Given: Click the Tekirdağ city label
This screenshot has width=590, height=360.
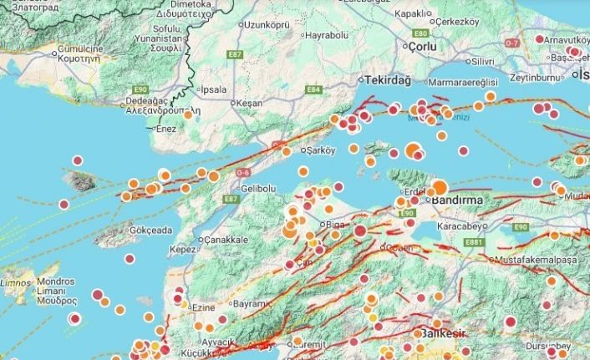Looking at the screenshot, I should point(388,79).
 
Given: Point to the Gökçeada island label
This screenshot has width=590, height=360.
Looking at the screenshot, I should point(150,230).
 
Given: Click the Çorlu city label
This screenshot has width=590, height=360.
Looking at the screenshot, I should point(424,47).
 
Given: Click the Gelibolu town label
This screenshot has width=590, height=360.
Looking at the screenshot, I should point(257,188).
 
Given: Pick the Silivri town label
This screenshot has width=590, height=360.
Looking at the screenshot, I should point(482,61).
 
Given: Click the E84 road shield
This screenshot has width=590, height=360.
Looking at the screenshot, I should point(313,89).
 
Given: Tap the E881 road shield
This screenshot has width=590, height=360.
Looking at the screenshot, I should point(476,242).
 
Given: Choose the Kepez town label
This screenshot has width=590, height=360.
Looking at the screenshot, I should point(182,249).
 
